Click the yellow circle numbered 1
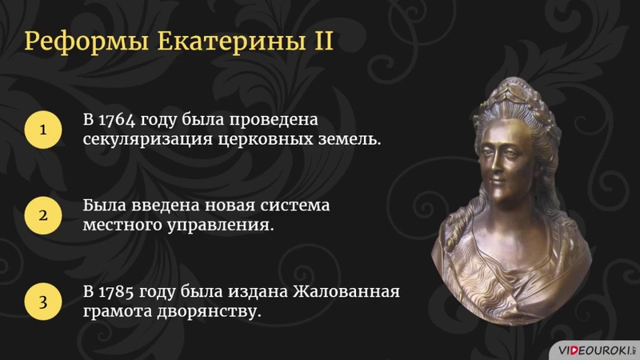tap(43, 130)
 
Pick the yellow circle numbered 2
tap(43, 216)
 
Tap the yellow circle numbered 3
tap(43, 301)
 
